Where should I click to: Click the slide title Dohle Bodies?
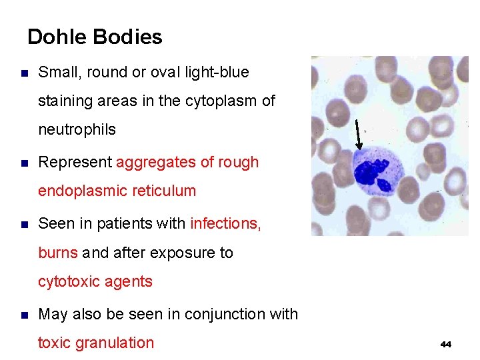pos(95,37)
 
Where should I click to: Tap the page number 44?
pos(446,344)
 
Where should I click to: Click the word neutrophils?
pos(77,129)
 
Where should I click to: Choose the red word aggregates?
pos(155,162)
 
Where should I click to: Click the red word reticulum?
pos(165,191)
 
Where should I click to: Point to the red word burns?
pos(58,253)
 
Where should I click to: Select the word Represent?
pos(75,162)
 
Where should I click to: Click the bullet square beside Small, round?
pos(25,73)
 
